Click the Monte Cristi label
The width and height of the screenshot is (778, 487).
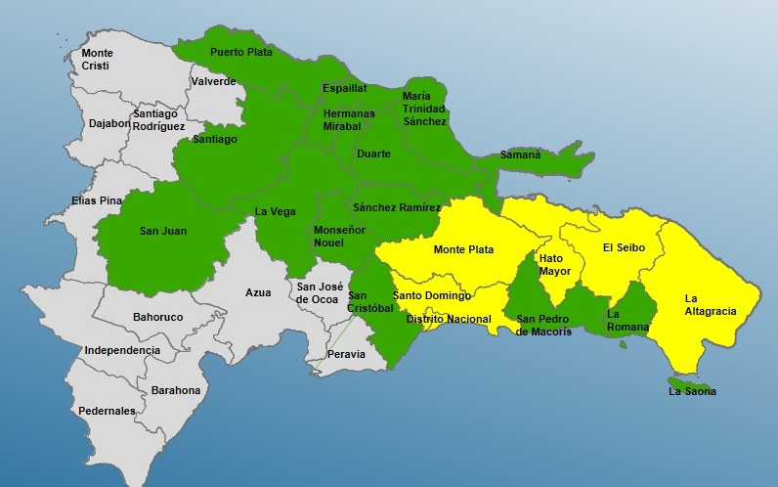[x=97, y=59]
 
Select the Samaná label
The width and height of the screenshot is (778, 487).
[x=520, y=155]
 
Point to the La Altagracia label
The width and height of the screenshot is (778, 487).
[x=710, y=305]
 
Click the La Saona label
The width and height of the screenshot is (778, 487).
[x=692, y=391]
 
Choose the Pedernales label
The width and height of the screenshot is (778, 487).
[x=107, y=411]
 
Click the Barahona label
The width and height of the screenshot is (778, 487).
[x=176, y=390]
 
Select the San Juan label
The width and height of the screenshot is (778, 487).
[x=163, y=232]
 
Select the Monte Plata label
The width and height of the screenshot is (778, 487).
[x=463, y=249]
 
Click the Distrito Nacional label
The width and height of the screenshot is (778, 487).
[x=448, y=319]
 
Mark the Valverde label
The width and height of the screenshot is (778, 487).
[x=213, y=81]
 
